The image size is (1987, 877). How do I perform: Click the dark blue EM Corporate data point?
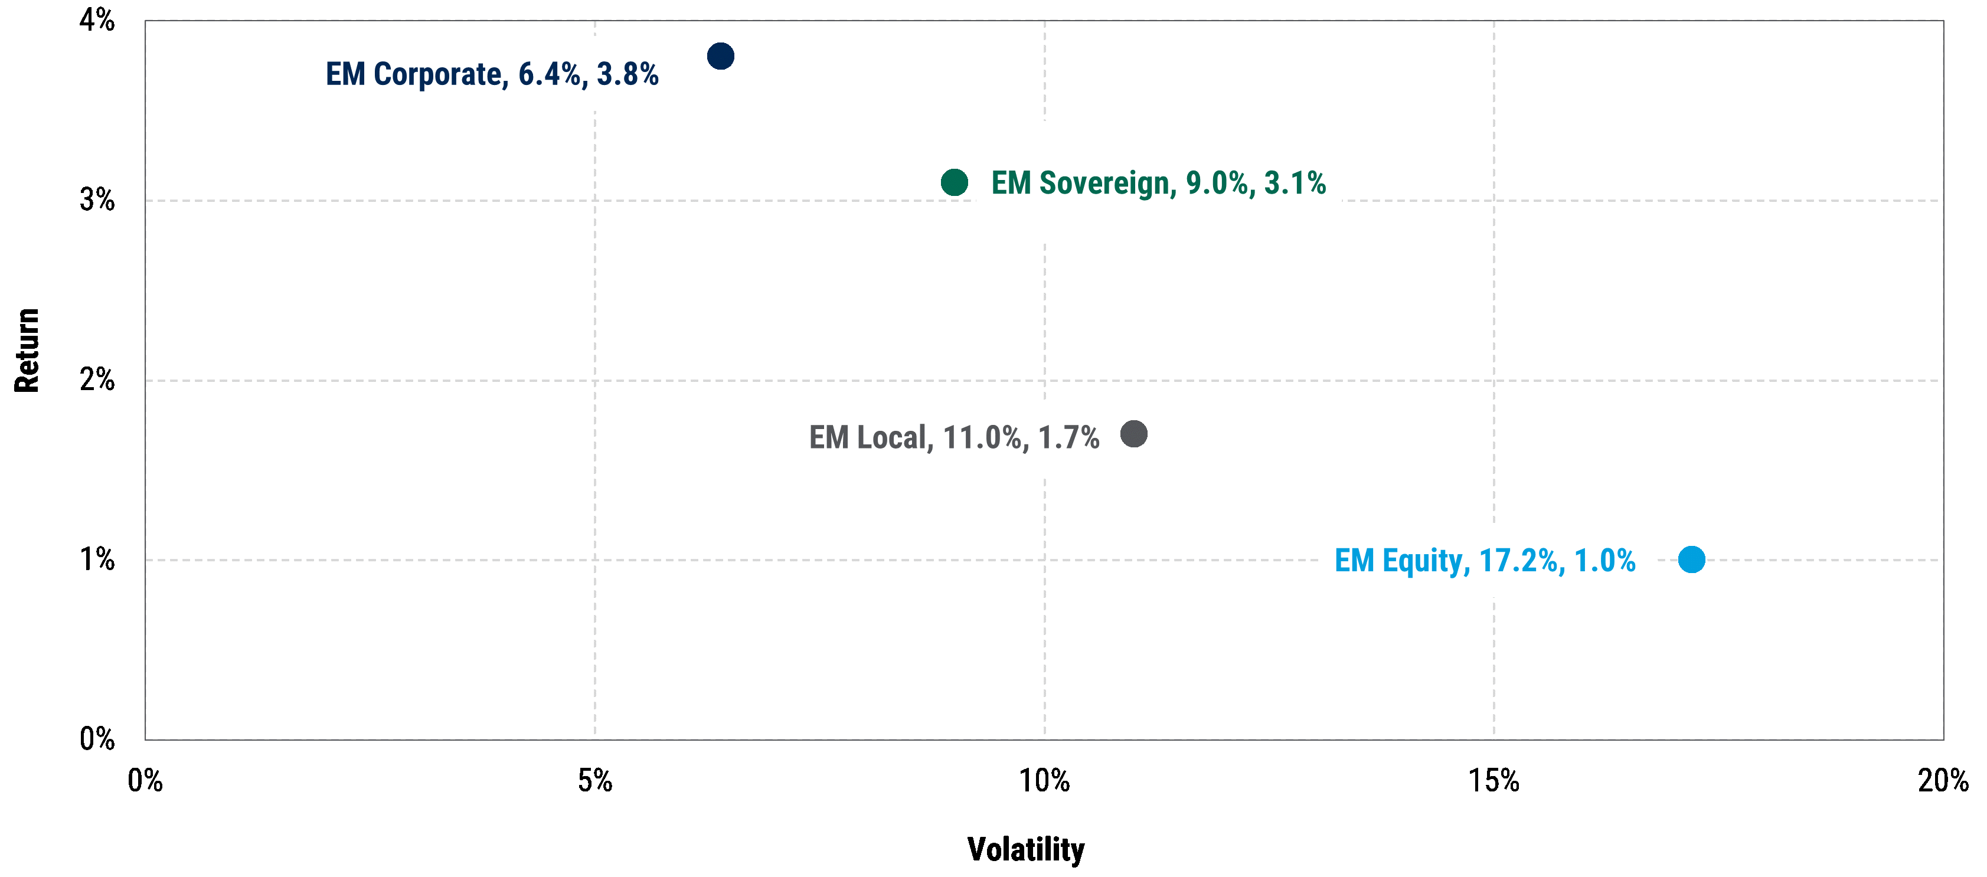click(x=720, y=56)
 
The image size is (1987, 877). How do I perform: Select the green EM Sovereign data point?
click(x=954, y=183)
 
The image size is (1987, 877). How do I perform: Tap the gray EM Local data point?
click(x=1133, y=434)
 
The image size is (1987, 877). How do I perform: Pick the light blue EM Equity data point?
click(x=1691, y=559)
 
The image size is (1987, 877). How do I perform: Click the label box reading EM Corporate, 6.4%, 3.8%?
click(x=492, y=74)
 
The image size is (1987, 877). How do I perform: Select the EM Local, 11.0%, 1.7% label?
click(x=953, y=437)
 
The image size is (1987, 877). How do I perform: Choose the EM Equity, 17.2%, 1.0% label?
click(x=1485, y=561)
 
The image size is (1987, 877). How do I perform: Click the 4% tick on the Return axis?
click(x=97, y=20)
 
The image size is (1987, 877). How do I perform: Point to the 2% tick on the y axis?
click(x=97, y=380)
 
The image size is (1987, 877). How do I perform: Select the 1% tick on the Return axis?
click(x=97, y=560)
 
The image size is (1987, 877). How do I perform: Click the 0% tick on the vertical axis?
click(x=97, y=739)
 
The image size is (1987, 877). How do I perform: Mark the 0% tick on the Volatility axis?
click(x=145, y=781)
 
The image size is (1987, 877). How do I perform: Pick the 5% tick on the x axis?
click(x=594, y=781)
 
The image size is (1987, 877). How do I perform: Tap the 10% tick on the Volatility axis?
click(x=1044, y=781)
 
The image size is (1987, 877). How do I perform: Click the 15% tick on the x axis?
click(x=1493, y=781)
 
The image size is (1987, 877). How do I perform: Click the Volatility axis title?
click(x=1026, y=849)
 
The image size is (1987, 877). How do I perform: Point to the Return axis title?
click(x=27, y=351)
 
